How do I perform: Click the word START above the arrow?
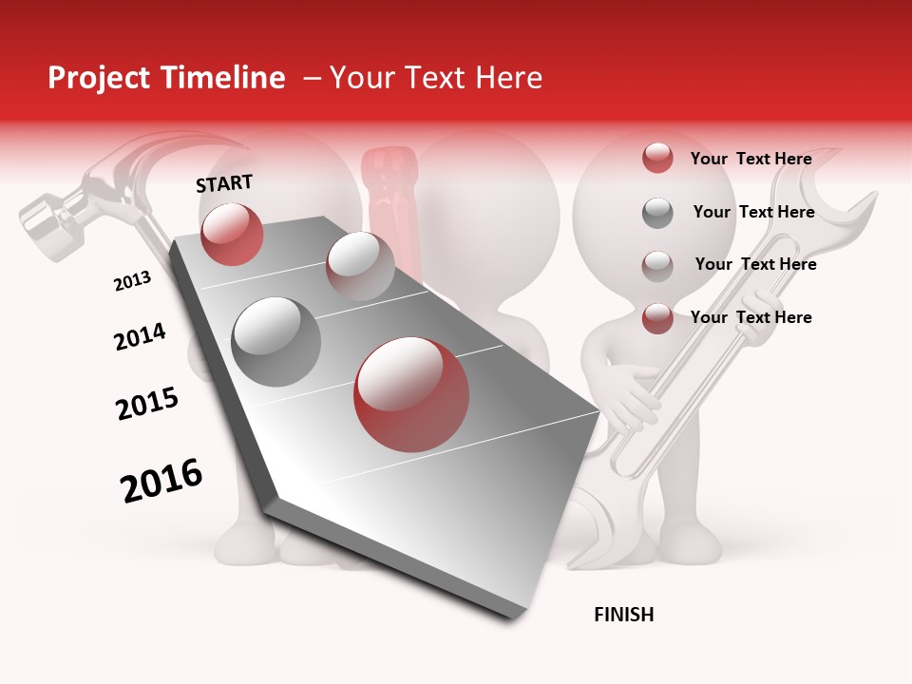click(x=224, y=183)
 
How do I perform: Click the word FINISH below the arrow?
click(x=623, y=615)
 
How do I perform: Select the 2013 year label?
click(x=132, y=281)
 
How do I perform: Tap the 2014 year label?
click(x=140, y=337)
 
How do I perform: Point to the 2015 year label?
click(x=147, y=404)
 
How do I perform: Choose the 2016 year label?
click(x=161, y=481)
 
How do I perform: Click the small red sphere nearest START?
click(x=233, y=235)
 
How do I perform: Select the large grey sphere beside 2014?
click(x=276, y=342)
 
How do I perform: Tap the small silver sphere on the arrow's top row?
click(x=360, y=266)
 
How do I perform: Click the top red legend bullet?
click(x=657, y=159)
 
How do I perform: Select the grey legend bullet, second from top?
click(x=657, y=213)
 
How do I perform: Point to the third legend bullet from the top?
click(x=657, y=266)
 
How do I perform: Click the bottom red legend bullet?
click(x=657, y=318)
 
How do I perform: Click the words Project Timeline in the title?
click(x=166, y=78)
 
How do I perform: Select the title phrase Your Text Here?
click(x=435, y=78)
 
